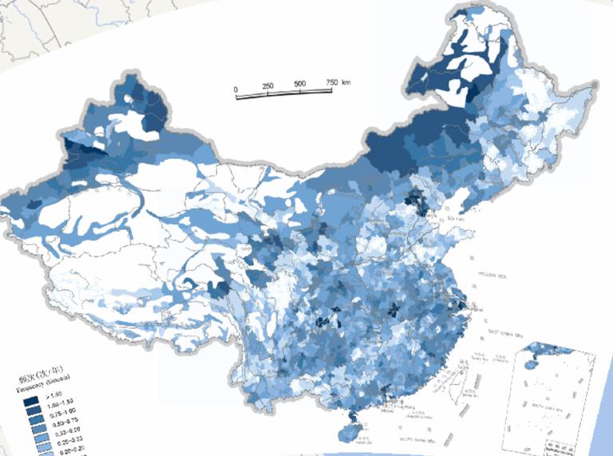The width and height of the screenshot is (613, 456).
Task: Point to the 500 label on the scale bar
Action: (x=300, y=84)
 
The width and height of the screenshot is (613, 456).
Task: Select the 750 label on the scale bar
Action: (x=333, y=82)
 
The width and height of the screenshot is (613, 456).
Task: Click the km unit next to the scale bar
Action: (x=346, y=81)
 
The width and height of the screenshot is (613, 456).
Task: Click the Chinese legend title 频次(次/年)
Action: (x=40, y=377)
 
